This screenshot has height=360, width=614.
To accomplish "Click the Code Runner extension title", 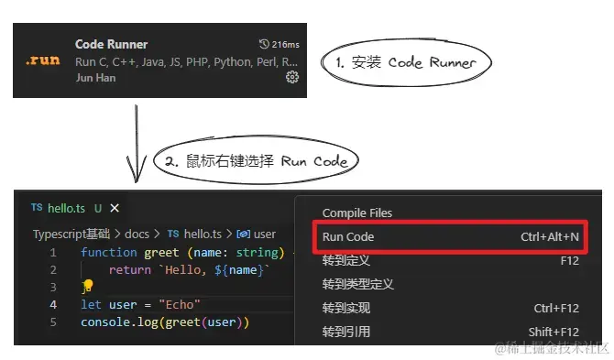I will point(111,44).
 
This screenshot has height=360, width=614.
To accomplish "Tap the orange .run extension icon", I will point(43,60).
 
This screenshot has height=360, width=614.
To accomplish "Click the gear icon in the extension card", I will point(292,78).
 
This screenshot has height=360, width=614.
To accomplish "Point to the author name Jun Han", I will point(95,78).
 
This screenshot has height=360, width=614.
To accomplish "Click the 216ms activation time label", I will point(280,44).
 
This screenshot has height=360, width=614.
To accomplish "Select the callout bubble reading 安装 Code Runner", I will point(407,62).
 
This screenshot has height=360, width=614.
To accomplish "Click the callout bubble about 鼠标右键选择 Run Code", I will point(256,160).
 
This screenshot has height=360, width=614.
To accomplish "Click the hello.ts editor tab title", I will point(67,209).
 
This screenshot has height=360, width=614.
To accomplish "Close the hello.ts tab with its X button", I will point(115,209).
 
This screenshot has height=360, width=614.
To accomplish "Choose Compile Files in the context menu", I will point(357,213).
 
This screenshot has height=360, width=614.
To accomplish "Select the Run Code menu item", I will point(348,237).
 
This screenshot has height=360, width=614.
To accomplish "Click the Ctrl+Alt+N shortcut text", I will point(550,237).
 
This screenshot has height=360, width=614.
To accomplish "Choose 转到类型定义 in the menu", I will point(358,285).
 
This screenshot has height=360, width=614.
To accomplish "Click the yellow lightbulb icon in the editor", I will point(88,287).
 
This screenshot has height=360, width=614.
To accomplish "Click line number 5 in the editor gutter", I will point(53,322).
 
